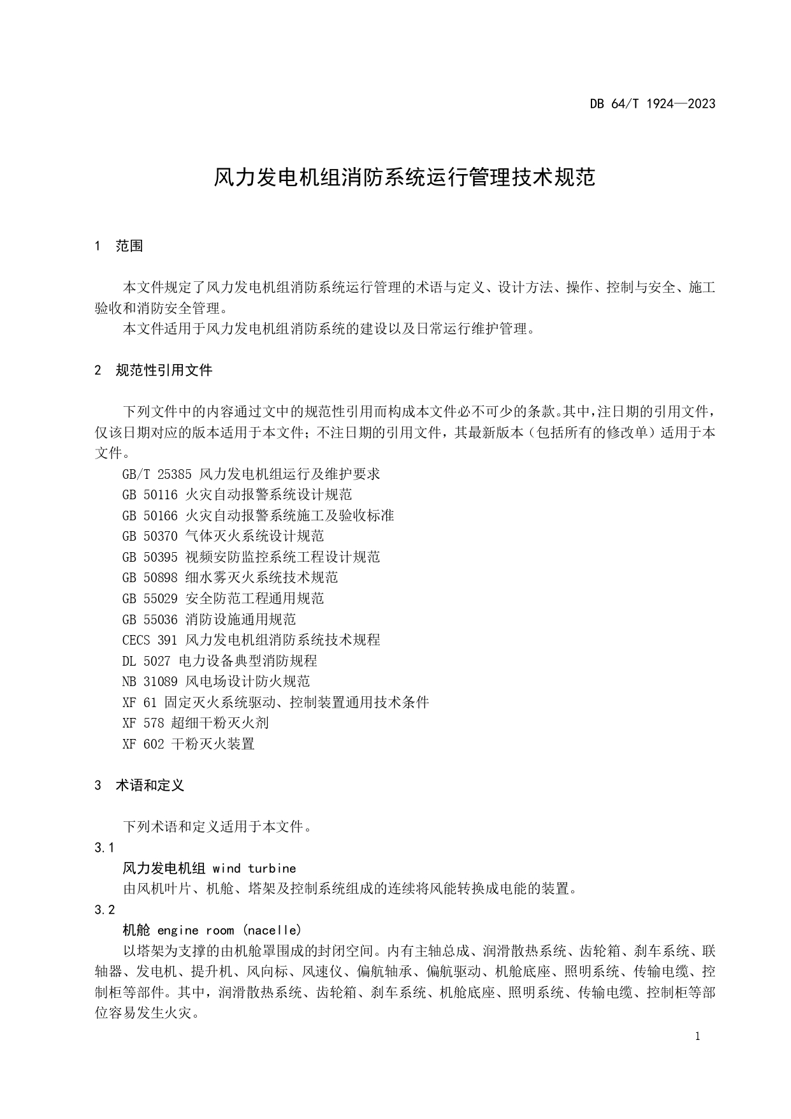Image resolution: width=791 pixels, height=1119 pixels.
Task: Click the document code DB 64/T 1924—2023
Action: [652, 104]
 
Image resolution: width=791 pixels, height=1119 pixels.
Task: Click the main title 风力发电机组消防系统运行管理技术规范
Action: [404, 178]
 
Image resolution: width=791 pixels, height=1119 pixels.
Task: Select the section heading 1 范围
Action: [119, 246]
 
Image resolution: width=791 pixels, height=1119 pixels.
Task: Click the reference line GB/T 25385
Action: [250, 474]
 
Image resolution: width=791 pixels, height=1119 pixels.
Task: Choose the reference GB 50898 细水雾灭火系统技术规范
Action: [230, 578]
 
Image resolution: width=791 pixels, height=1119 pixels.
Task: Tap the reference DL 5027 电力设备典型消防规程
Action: [219, 661]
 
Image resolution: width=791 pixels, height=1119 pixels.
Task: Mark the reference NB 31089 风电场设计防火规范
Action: [216, 682]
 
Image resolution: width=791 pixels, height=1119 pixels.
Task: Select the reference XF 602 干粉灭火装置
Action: [188, 744]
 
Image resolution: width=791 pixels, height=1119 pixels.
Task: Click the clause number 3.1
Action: [104, 848]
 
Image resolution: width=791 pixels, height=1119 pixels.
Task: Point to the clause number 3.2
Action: [105, 910]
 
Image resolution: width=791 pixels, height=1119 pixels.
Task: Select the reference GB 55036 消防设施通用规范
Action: [209, 619]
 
